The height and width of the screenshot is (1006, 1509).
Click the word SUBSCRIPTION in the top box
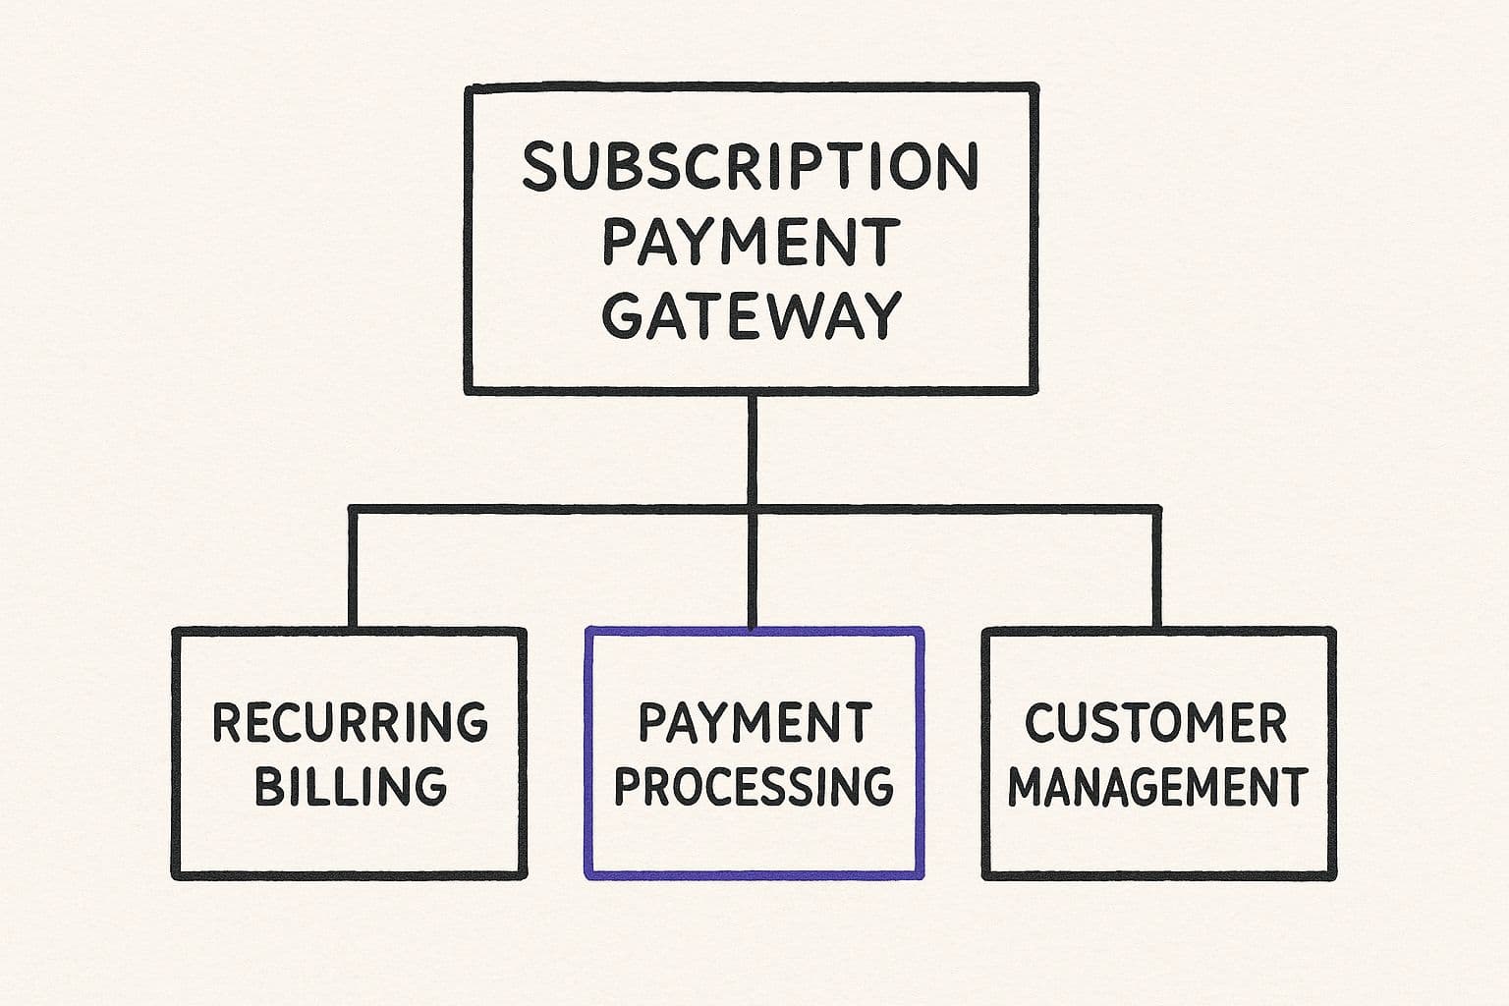[750, 167]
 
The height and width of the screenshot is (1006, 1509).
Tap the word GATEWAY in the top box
[751, 315]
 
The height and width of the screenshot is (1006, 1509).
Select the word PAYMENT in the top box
[751, 242]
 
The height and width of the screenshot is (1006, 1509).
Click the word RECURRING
[350, 722]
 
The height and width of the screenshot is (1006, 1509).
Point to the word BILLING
[351, 786]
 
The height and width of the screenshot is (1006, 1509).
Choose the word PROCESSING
[754, 786]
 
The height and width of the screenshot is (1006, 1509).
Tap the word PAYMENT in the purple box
[754, 722]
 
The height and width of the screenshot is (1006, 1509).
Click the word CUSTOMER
[1155, 724]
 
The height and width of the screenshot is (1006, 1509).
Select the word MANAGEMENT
[1157, 787]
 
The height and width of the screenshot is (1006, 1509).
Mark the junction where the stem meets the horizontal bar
[752, 510]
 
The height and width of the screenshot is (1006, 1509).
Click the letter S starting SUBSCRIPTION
[539, 167]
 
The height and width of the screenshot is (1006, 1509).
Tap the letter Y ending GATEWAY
[881, 315]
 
